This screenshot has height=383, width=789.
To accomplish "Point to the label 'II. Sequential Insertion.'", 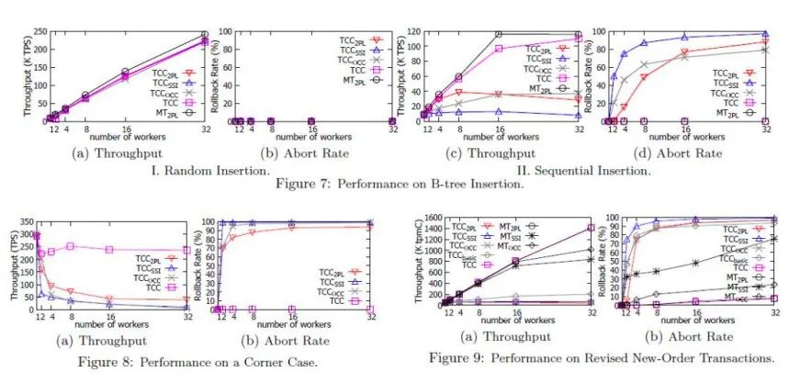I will pyautogui.click(x=585, y=169).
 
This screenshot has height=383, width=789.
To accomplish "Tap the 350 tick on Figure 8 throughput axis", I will pyautogui.click(x=24, y=221).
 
